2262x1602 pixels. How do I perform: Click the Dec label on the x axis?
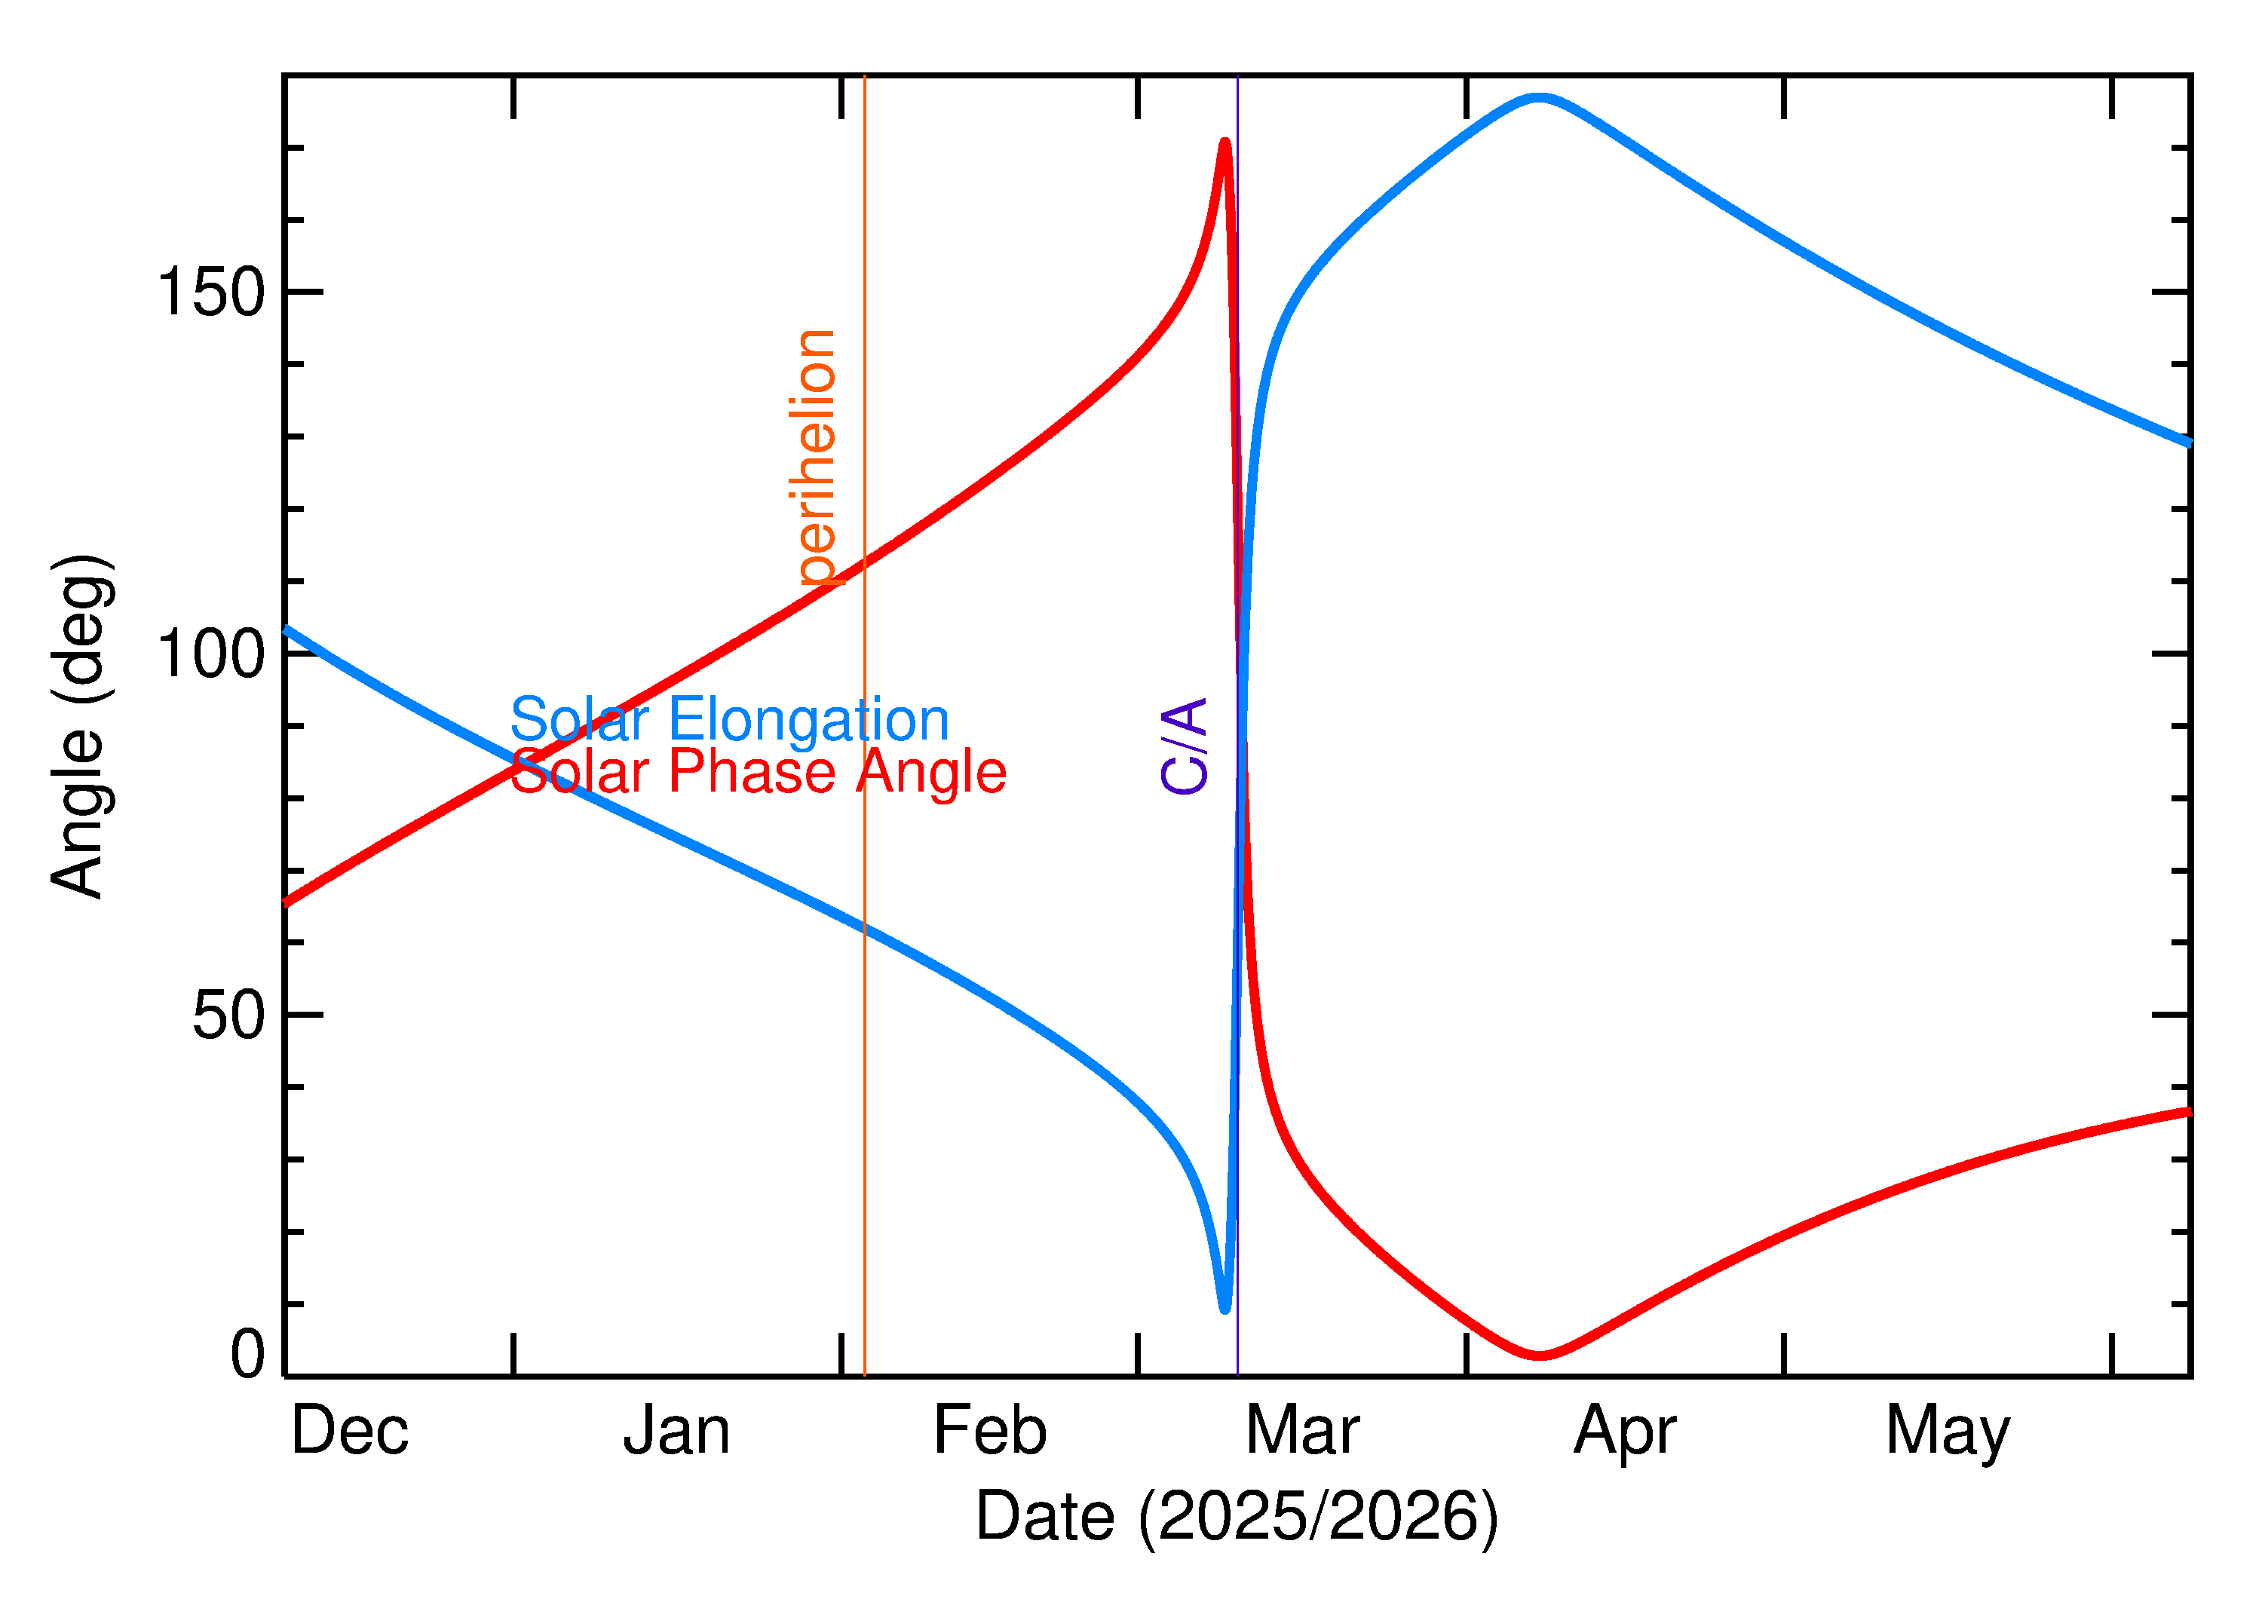click(x=349, y=1432)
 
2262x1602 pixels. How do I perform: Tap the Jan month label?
click(x=677, y=1432)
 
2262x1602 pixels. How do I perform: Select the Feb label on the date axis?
click(x=989, y=1432)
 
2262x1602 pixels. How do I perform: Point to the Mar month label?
click(x=1302, y=1432)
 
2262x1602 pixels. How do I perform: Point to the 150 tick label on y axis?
click(x=211, y=293)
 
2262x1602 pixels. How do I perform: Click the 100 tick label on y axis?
click(x=211, y=654)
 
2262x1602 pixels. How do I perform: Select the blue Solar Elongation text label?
click(x=729, y=720)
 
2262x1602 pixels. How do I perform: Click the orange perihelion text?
click(x=817, y=458)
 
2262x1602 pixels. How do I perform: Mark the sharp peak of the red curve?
click(x=1225, y=143)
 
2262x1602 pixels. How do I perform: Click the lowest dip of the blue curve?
click(x=1224, y=1309)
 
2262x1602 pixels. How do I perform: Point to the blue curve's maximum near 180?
click(x=1539, y=96)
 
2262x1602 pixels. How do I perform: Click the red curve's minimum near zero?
click(x=1539, y=1355)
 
